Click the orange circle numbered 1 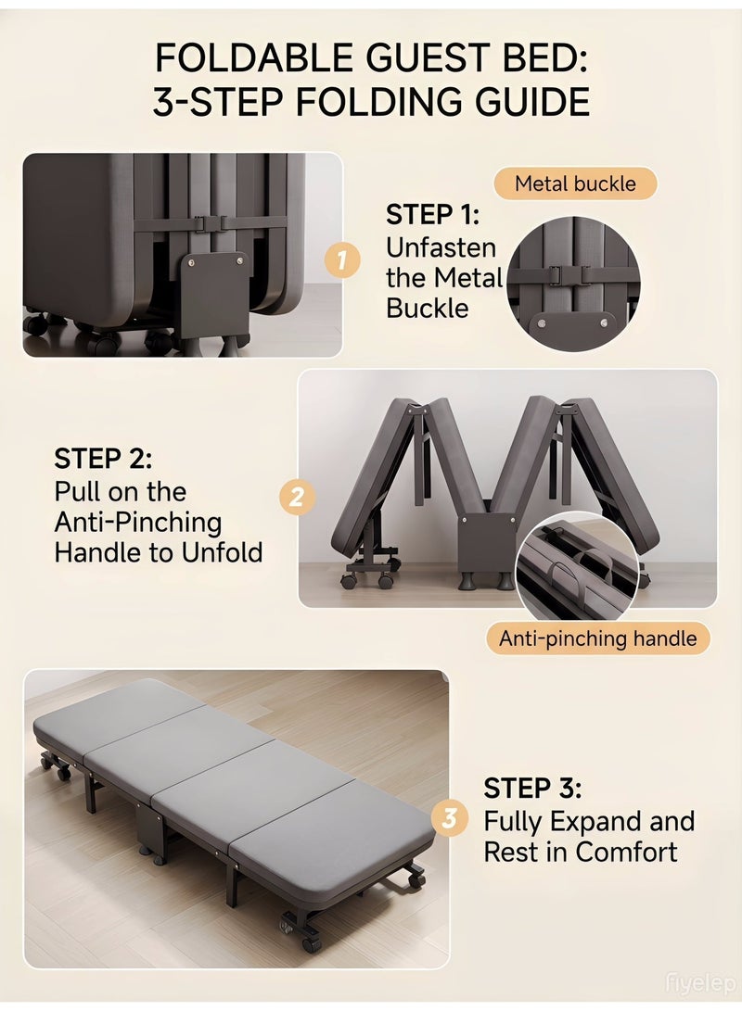[x=342, y=259]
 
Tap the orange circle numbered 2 [x=297, y=497]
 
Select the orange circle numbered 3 [x=449, y=818]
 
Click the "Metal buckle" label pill [x=576, y=183]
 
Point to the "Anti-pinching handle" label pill [x=598, y=638]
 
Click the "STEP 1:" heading [x=433, y=215]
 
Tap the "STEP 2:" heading [x=103, y=459]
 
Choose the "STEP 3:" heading [x=532, y=788]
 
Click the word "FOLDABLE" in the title [x=255, y=58]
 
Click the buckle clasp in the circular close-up [x=556, y=274]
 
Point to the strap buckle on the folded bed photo [x=209, y=223]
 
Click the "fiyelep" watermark [x=700, y=984]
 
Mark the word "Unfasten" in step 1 [x=441, y=247]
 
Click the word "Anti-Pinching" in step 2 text [x=138, y=523]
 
